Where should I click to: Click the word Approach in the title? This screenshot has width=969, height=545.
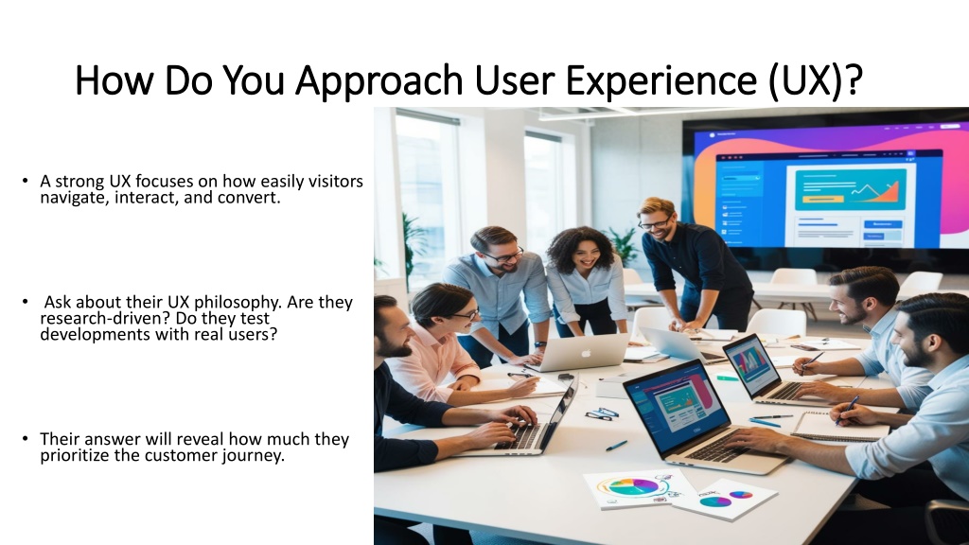click(x=379, y=81)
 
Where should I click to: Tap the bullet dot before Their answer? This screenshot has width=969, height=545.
click(x=25, y=439)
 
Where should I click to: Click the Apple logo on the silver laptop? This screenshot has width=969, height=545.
click(x=586, y=354)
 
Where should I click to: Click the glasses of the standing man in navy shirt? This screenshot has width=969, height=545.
click(x=655, y=222)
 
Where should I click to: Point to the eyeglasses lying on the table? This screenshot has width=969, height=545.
click(x=598, y=414)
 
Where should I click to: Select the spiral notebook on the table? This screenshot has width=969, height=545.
click(x=840, y=427)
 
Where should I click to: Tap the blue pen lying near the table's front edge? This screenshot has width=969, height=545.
click(x=616, y=446)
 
